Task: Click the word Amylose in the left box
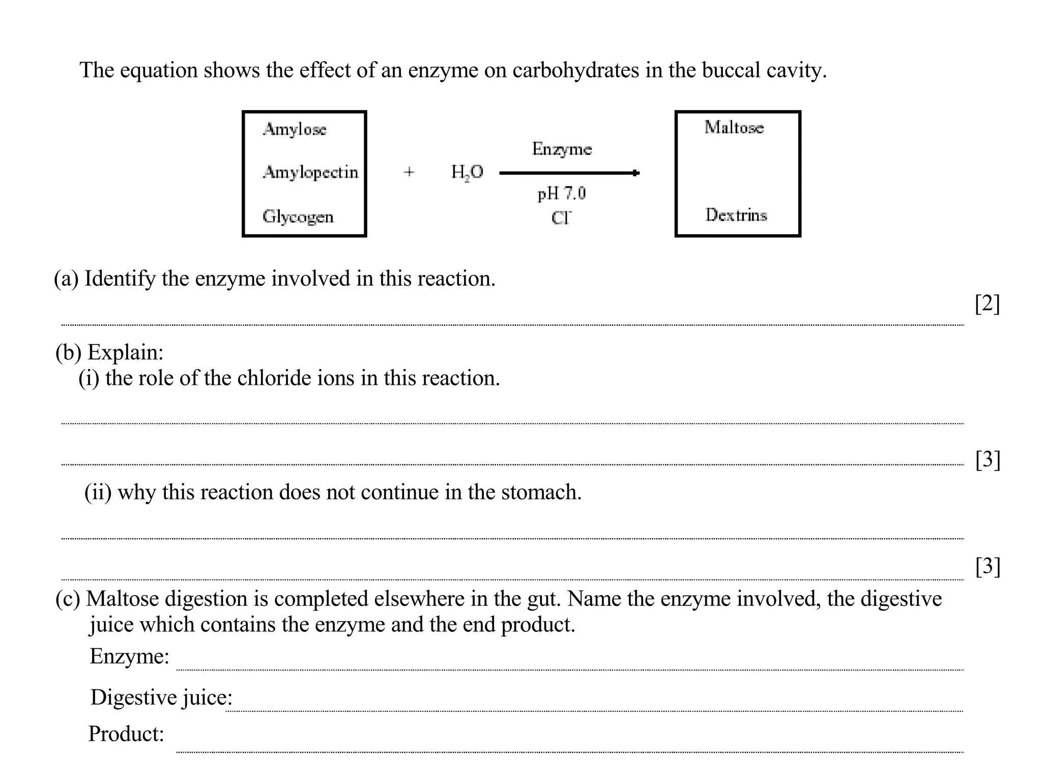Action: pyautogui.click(x=294, y=129)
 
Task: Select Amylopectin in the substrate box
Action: pyautogui.click(x=310, y=173)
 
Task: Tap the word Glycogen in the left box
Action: pyautogui.click(x=298, y=216)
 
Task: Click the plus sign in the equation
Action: pyautogui.click(x=409, y=172)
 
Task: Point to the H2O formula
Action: pyautogui.click(x=467, y=172)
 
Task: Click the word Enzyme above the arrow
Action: pyautogui.click(x=562, y=149)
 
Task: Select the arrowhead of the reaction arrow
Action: pyautogui.click(x=635, y=173)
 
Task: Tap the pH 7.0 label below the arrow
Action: pyautogui.click(x=561, y=193)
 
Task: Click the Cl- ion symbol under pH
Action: pyautogui.click(x=561, y=218)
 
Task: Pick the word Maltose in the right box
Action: pyautogui.click(x=734, y=127)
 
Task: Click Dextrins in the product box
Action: pyautogui.click(x=736, y=215)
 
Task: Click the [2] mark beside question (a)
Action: pyautogui.click(x=987, y=304)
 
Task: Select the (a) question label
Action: pyautogui.click(x=66, y=279)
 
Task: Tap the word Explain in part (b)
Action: pyautogui.click(x=125, y=352)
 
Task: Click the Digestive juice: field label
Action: pyautogui.click(x=161, y=697)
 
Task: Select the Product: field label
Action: pyautogui.click(x=126, y=734)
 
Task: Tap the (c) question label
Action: pyautogui.click(x=67, y=599)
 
